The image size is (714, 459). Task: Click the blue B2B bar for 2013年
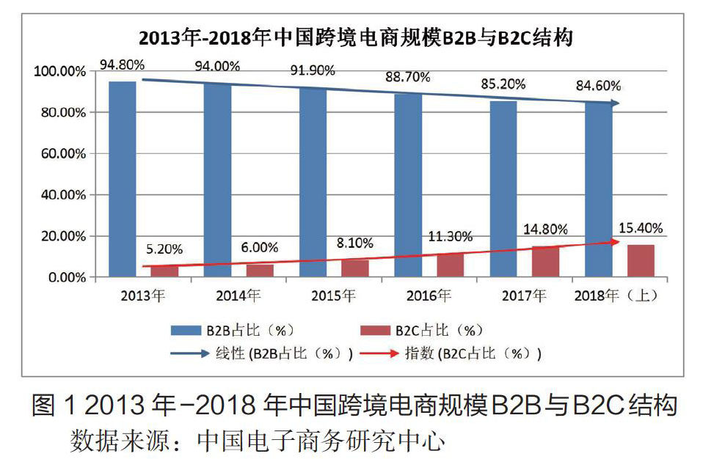click(122, 179)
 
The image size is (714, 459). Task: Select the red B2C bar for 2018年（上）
click(641, 261)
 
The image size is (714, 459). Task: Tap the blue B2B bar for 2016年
click(407, 186)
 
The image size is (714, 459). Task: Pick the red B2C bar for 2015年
click(355, 268)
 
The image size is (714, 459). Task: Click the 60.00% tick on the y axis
click(61, 154)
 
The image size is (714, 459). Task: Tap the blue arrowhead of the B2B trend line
click(616, 103)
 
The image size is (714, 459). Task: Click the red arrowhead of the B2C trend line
click(616, 241)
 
